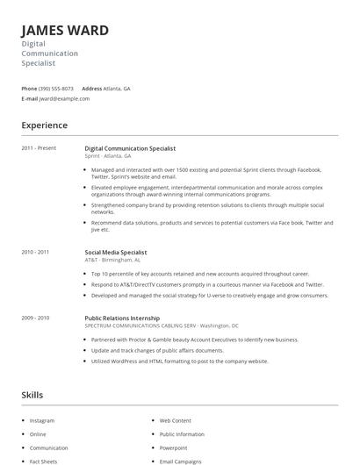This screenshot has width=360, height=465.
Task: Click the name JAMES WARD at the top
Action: [x=65, y=31]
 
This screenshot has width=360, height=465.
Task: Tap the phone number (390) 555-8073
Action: [x=57, y=89]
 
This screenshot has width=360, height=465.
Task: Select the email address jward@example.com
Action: [x=65, y=98]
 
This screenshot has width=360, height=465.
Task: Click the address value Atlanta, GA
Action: [x=117, y=89]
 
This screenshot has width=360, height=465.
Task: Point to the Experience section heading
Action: [x=44, y=125]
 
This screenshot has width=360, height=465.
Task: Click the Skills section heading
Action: [x=32, y=395]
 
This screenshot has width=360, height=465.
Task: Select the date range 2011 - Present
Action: [x=39, y=148]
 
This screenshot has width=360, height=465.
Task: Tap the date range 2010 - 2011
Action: [x=35, y=252]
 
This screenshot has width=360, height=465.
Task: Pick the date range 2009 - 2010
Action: [x=35, y=318]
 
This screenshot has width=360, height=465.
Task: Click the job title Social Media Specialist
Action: [x=115, y=252]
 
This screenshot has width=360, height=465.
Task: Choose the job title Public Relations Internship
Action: [x=122, y=318]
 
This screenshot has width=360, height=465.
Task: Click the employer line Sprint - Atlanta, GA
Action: [x=108, y=155]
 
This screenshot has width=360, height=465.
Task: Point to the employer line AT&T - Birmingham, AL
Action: [x=112, y=260]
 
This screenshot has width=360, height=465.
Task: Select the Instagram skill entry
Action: [x=42, y=421]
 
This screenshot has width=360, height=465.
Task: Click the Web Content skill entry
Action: [x=175, y=421]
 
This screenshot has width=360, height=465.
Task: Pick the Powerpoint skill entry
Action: [x=173, y=447]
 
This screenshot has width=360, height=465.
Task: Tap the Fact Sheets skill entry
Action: [x=44, y=461]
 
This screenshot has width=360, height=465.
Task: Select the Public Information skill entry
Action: [x=182, y=434]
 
